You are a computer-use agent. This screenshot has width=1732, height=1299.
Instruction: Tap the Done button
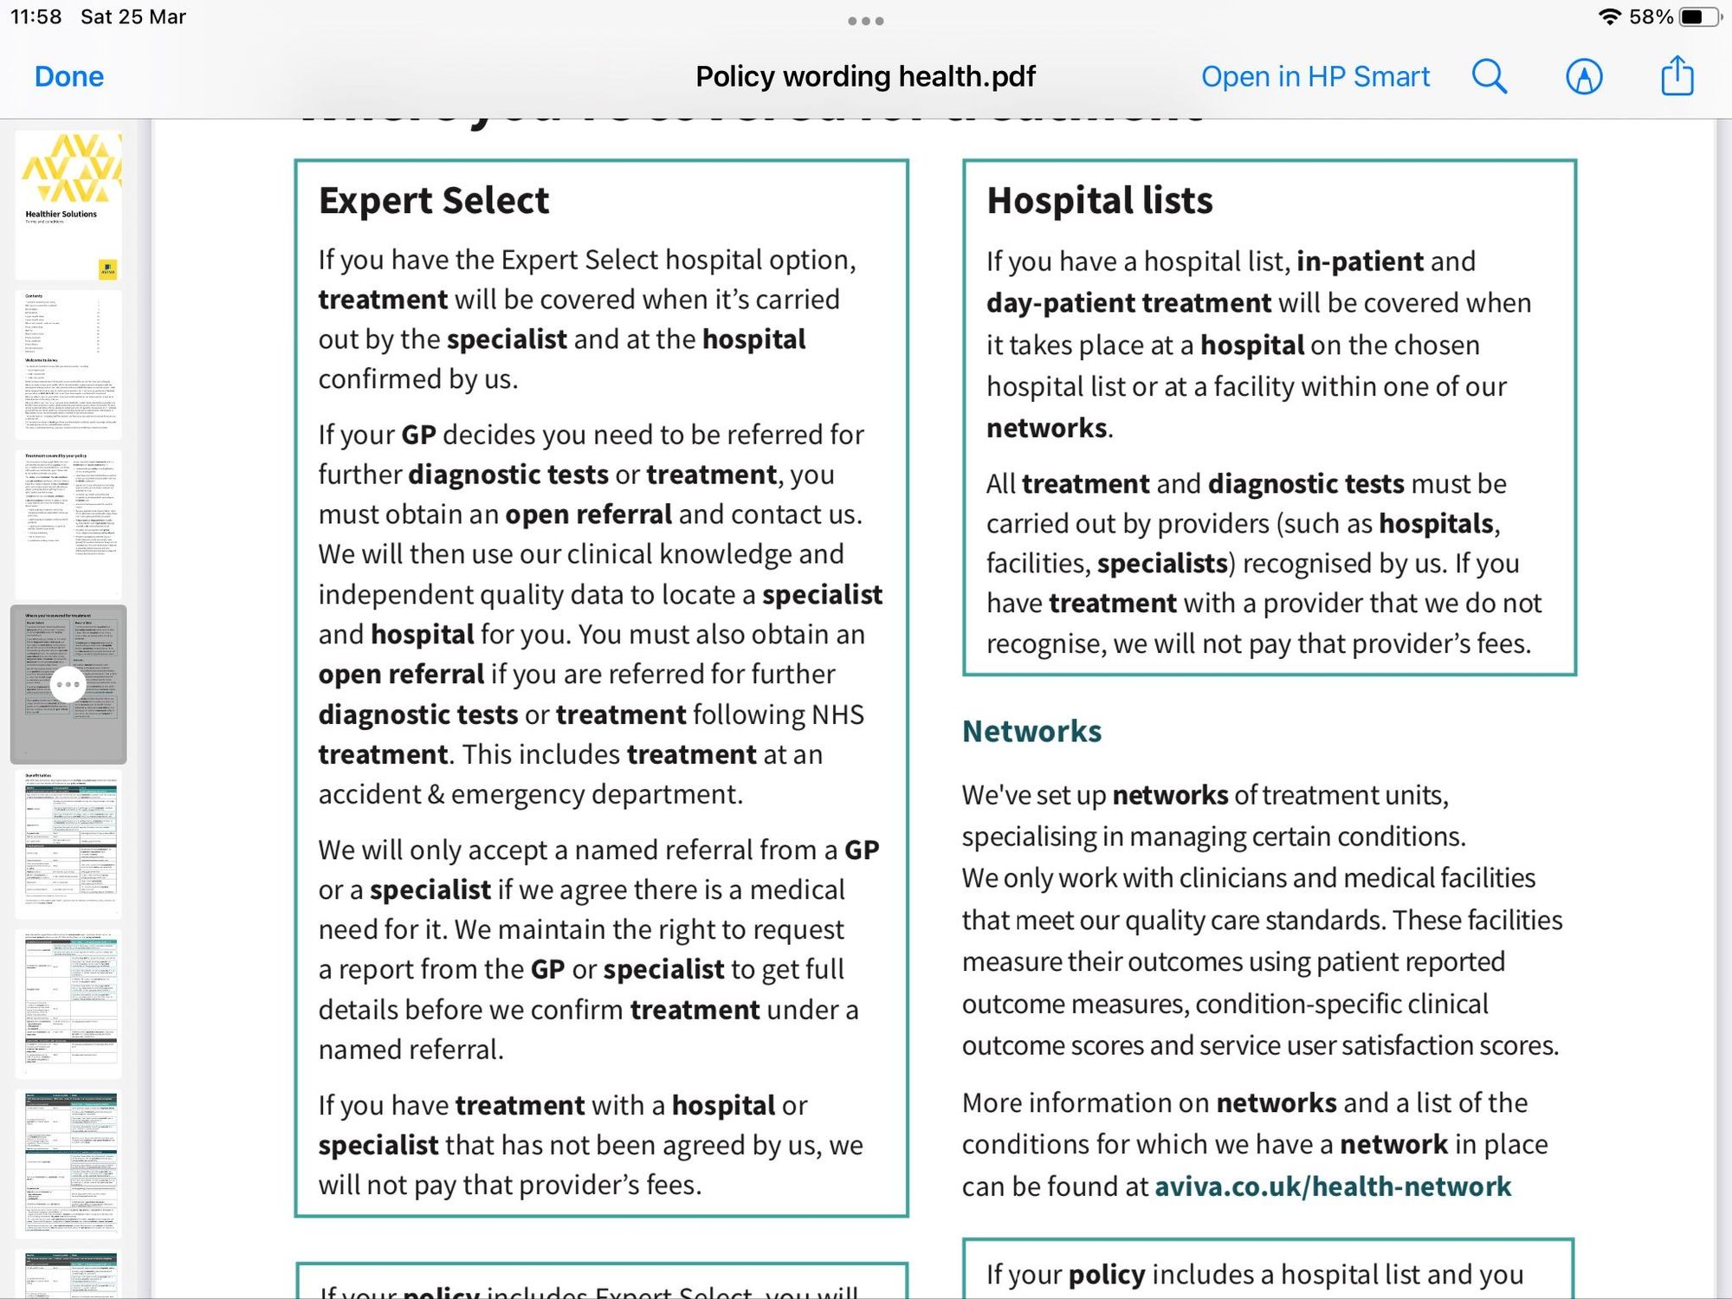click(x=69, y=77)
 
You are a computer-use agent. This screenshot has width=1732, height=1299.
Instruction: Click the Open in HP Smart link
click(x=1315, y=77)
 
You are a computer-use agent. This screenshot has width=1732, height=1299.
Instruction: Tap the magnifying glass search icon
click(x=1490, y=77)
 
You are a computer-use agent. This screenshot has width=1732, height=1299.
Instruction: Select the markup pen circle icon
click(x=1584, y=77)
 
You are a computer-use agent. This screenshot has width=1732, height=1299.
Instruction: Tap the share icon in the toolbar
click(x=1677, y=75)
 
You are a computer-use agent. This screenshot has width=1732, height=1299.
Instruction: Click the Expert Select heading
click(x=434, y=201)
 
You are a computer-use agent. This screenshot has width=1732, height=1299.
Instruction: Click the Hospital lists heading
click(x=1100, y=201)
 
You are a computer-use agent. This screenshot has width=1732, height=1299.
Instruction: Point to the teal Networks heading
click(x=1031, y=732)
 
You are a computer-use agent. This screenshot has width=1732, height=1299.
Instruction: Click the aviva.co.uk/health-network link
click(x=1333, y=1186)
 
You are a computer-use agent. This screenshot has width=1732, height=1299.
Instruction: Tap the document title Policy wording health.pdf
click(x=865, y=77)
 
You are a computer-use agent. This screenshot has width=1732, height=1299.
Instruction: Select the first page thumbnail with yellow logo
click(x=68, y=204)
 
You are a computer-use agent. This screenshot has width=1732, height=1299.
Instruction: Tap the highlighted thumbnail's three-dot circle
click(x=68, y=685)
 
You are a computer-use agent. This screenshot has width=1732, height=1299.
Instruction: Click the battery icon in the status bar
click(x=1697, y=17)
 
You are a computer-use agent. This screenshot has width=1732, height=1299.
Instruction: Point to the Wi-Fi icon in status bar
click(x=1609, y=17)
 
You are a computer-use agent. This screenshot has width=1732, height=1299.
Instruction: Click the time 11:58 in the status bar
click(x=36, y=17)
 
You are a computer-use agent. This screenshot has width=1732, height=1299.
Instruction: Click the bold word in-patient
click(x=1360, y=262)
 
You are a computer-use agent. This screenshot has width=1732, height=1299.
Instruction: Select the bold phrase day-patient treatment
click(x=1128, y=303)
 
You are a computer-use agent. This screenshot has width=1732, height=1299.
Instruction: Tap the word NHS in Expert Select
click(x=837, y=714)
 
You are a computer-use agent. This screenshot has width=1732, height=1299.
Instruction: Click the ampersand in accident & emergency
click(x=435, y=795)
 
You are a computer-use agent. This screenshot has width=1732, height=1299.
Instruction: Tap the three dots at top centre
click(x=866, y=21)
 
